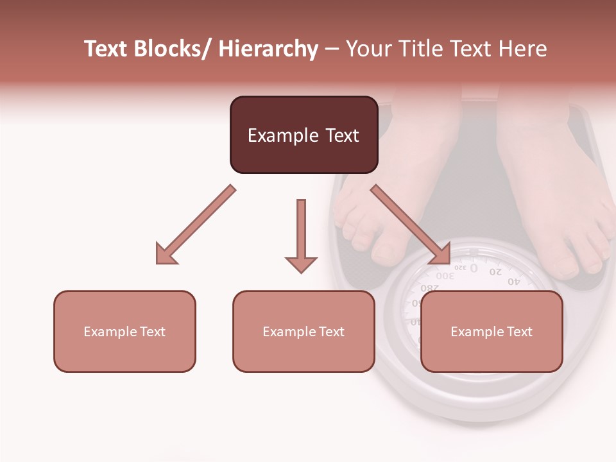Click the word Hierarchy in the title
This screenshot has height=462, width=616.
pos(268,49)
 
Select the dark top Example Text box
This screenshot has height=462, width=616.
pos(304,135)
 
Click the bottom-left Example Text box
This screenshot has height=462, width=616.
pos(124,331)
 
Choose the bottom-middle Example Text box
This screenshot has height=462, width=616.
pos(304,331)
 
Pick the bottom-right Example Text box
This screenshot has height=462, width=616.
pos(492,331)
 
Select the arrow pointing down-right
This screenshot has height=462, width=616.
pos(411,225)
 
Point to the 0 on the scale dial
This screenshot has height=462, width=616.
pos(474,268)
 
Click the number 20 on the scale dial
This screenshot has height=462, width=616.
pos(495,272)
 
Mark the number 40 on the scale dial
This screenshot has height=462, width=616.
pos(514,281)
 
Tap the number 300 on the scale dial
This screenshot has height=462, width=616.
pos(445,276)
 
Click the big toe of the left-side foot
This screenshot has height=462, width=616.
pos(387,251)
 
